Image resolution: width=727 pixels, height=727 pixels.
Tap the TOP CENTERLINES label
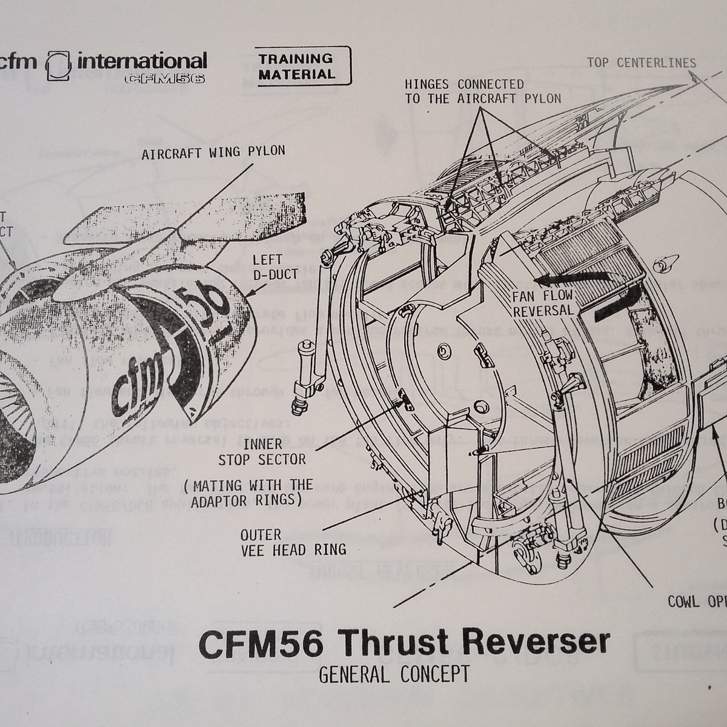(642, 62)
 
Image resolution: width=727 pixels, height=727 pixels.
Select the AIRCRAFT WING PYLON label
(213, 152)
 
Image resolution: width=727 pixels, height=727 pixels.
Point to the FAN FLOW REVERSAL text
(542, 304)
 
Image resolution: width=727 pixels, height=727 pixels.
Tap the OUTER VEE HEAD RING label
(293, 542)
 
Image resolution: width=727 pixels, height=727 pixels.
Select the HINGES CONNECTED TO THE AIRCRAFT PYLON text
(483, 91)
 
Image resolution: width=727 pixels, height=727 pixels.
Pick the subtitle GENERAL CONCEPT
(393, 674)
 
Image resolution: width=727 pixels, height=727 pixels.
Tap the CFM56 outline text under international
(164, 78)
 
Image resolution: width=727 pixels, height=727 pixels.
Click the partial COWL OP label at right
(696, 602)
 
